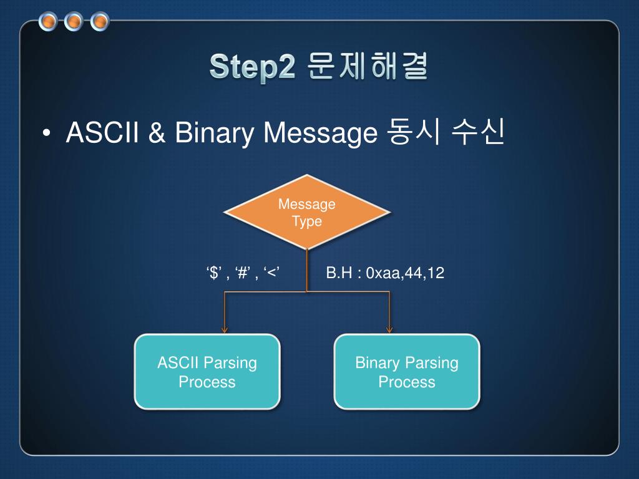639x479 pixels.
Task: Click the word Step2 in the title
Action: click(x=252, y=67)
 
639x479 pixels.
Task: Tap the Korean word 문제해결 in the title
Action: click(x=368, y=67)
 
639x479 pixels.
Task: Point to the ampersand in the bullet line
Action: click(x=156, y=133)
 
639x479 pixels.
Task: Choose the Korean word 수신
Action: click(x=479, y=133)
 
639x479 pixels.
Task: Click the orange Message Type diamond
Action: click(x=306, y=212)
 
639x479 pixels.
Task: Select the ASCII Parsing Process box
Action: click(x=207, y=372)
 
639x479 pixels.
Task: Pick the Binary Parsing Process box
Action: click(x=407, y=372)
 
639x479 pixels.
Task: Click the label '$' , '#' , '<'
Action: click(x=242, y=273)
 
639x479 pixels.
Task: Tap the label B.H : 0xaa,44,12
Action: click(x=385, y=273)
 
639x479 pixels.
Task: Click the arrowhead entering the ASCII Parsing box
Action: click(x=225, y=330)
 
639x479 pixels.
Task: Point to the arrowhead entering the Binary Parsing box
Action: click(x=390, y=330)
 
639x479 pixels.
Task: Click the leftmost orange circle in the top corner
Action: click(x=48, y=22)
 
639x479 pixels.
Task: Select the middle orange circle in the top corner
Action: click(x=74, y=22)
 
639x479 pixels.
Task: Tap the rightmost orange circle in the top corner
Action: click(x=99, y=22)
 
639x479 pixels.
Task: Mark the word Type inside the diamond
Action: click(x=307, y=221)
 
